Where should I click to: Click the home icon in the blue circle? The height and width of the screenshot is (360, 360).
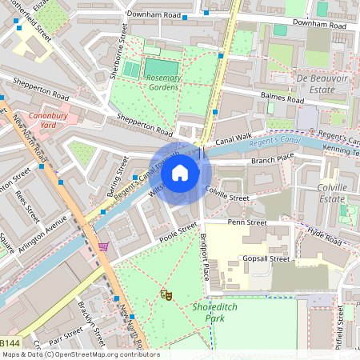coord(180,172)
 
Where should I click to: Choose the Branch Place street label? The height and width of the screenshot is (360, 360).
coord(273,160)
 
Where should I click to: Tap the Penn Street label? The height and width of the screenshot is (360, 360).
coord(246,221)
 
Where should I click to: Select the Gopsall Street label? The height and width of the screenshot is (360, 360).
coord(267,259)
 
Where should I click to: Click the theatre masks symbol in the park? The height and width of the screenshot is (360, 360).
coord(166,294)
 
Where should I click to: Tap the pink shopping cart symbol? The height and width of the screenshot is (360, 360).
coord(102,246)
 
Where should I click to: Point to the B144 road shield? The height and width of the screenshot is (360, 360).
coord(10,342)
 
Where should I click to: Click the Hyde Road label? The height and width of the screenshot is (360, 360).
coord(326,235)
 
